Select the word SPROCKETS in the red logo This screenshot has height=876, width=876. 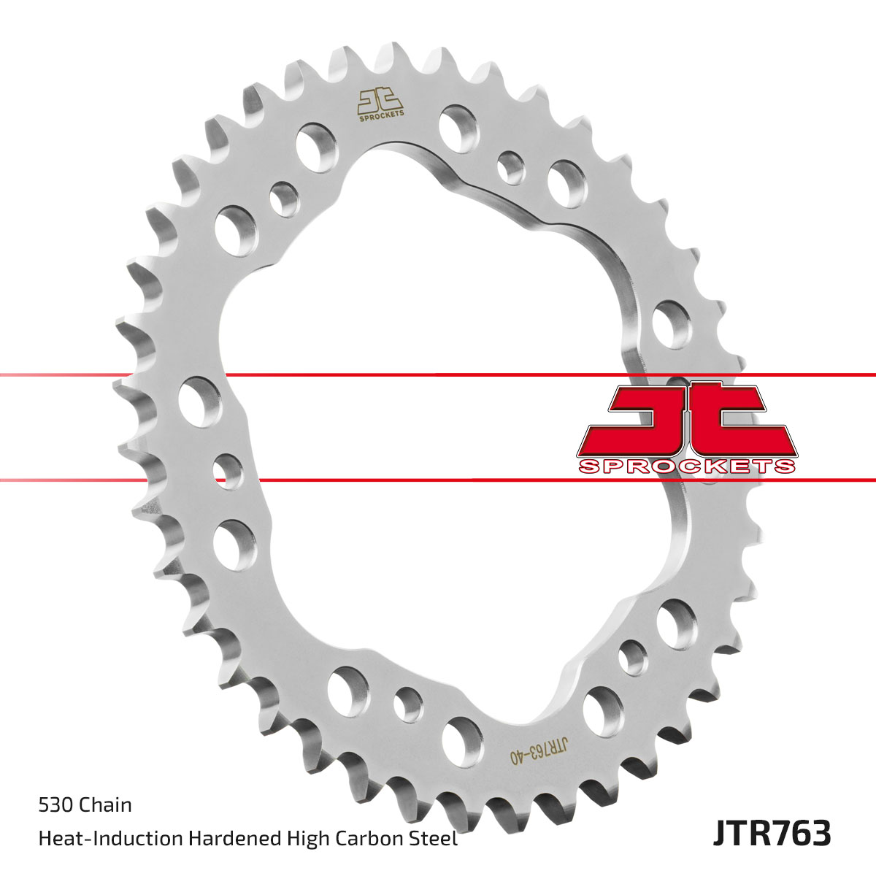686,465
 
